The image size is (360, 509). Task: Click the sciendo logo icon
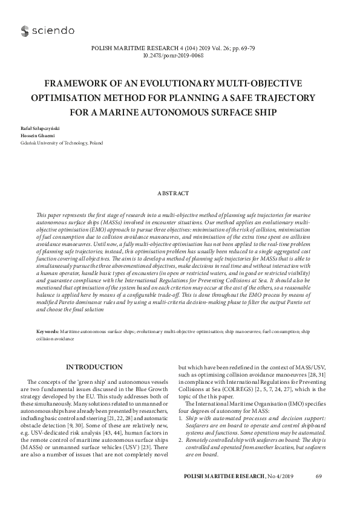pyautogui.click(x=25, y=30)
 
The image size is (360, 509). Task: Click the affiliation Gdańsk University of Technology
pyautogui.click(x=54, y=144)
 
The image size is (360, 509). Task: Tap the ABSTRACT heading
pyautogui.click(x=180, y=193)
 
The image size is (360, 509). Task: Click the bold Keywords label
pyautogui.click(x=48, y=332)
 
